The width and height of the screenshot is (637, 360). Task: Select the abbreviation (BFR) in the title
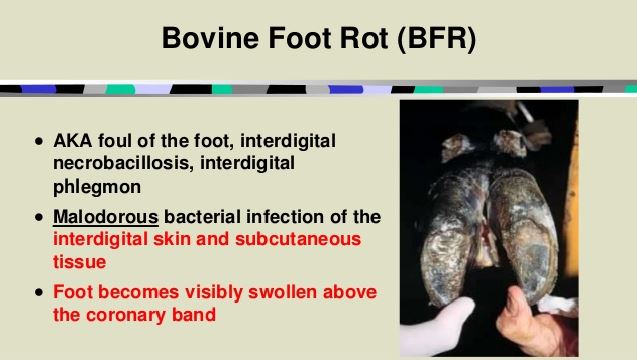[427, 41]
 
